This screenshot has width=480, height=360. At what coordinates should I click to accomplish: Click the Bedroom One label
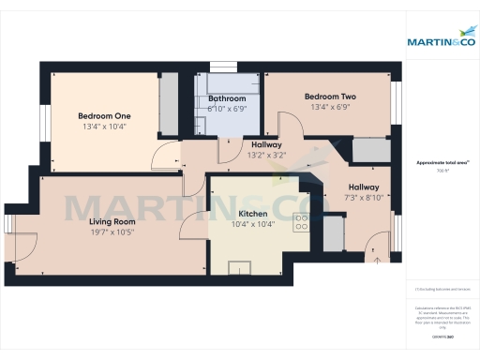[x=104, y=115]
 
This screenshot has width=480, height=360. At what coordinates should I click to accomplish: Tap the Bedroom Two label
[x=329, y=97]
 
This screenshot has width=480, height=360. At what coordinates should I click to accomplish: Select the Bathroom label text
[x=227, y=98]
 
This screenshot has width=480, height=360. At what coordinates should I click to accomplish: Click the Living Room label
[x=112, y=221]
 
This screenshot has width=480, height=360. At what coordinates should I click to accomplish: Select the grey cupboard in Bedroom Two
[x=369, y=150]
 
